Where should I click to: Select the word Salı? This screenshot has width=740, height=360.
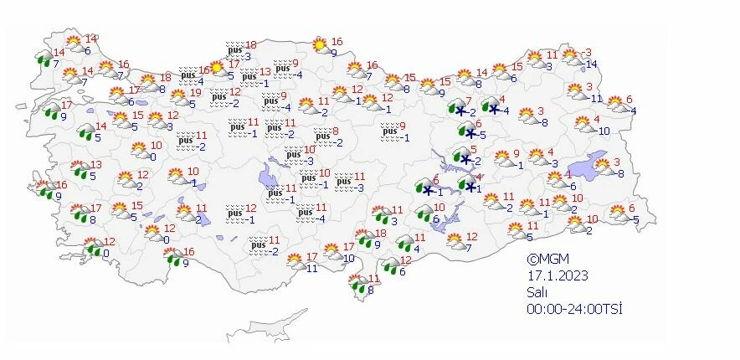pyautogui.click(x=536, y=292)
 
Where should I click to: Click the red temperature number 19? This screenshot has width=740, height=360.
pyautogui.click(x=195, y=93)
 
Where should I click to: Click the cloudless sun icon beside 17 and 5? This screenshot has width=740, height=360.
pyautogui.click(x=216, y=67)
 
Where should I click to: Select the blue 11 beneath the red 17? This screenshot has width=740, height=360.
pyautogui.click(x=311, y=268)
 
